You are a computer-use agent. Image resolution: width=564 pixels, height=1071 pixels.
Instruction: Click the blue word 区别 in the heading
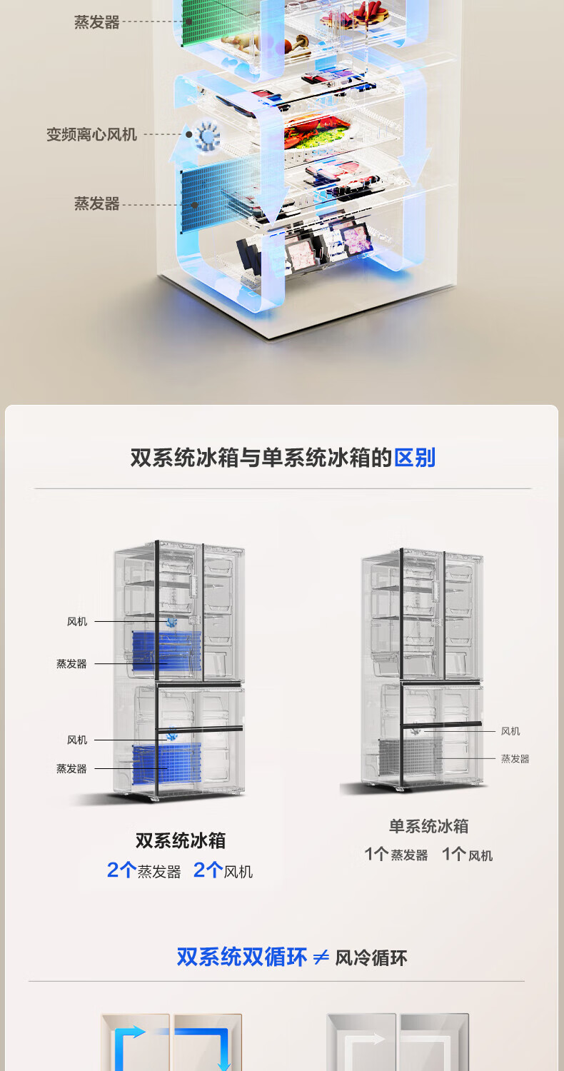point(414,458)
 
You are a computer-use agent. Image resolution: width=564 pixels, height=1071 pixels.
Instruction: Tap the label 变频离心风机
point(91,134)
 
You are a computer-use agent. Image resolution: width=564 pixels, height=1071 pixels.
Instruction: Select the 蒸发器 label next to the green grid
point(96,22)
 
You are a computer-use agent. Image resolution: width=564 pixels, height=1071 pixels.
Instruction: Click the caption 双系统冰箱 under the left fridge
point(180,840)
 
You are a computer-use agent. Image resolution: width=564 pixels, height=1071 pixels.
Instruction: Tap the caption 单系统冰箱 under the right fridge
point(428,826)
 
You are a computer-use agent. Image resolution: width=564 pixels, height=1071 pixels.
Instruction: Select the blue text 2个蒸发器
point(143,870)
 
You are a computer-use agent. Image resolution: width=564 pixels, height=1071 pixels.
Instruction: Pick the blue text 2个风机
point(223,870)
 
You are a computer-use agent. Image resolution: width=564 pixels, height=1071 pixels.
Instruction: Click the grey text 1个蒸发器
point(396,855)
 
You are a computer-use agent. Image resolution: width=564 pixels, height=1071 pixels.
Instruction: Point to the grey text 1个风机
point(467,855)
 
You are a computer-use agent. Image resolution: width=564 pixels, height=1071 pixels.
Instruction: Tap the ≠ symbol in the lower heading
point(321,957)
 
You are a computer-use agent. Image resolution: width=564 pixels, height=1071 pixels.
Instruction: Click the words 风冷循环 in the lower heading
point(371,957)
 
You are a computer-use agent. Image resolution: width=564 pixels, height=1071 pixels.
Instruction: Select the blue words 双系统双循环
point(241,957)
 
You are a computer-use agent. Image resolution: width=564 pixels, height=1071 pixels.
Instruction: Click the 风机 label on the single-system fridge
point(510,731)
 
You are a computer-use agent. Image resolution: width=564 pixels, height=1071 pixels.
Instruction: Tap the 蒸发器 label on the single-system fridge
point(515,759)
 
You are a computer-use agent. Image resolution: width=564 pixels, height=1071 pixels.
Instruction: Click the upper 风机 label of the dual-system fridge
point(77,622)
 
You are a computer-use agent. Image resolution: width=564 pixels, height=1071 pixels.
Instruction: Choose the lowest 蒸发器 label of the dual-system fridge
point(71,769)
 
